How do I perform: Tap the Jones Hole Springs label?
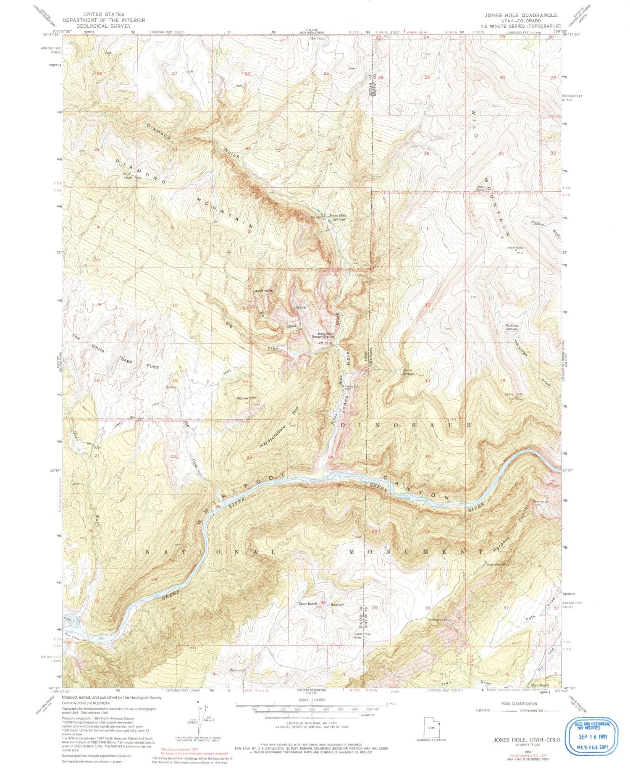coord(337,217)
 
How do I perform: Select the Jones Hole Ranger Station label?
coord(323,335)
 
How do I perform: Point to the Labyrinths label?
coord(263,290)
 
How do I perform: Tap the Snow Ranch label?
coord(308,604)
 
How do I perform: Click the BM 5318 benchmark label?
coord(325,343)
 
